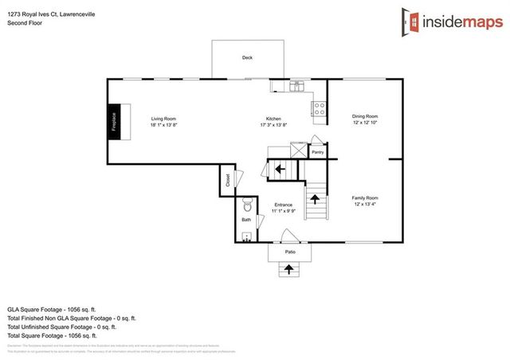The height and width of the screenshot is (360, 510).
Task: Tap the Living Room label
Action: point(163,122)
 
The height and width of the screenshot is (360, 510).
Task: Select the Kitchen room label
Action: point(273,122)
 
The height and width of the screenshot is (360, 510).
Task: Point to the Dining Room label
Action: point(365,119)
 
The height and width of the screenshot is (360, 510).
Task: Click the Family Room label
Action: point(365,200)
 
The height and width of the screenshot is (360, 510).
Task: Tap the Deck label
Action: point(247,58)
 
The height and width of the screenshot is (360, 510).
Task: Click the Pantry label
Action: point(317,151)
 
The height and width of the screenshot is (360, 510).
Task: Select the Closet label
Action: point(227,180)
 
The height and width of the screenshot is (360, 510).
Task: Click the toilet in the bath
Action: point(246,203)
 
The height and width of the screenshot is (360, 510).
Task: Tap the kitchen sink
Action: point(295,86)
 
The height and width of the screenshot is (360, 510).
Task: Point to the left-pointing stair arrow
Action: point(279,169)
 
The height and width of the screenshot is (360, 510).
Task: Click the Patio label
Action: point(291,252)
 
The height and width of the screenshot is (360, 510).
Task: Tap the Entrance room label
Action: point(284,208)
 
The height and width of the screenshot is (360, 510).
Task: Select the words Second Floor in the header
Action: point(25,23)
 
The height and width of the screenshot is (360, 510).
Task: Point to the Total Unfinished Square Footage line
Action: point(62,326)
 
